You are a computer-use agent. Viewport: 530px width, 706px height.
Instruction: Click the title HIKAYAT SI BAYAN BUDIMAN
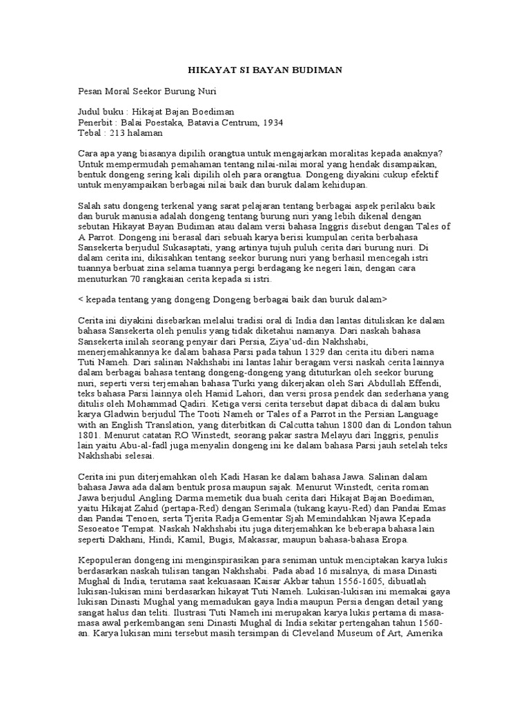tap(265, 70)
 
